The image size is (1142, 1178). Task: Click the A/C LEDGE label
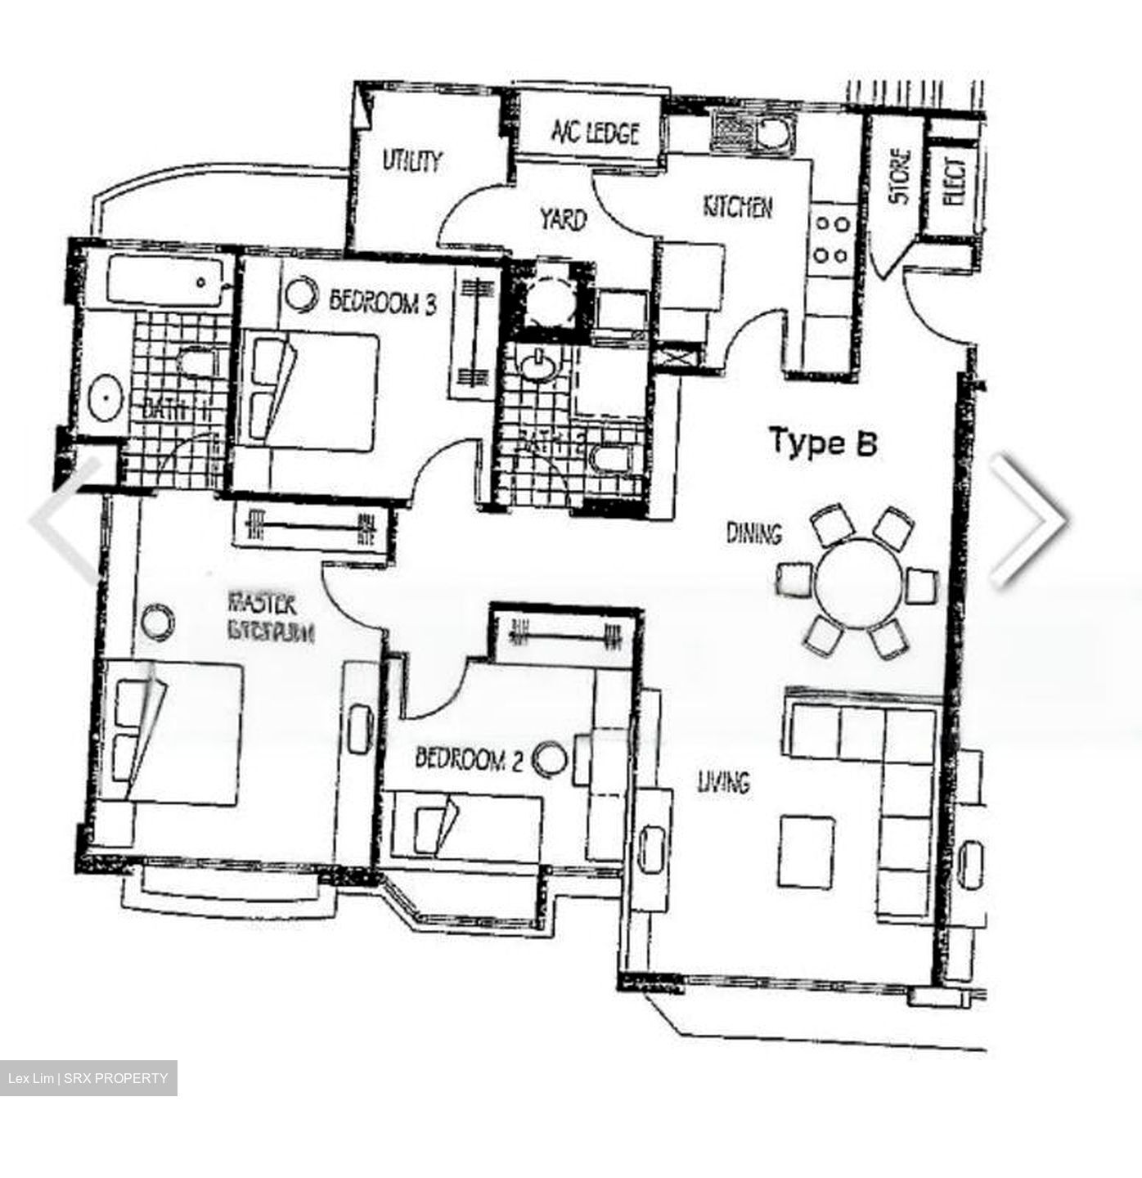click(x=595, y=132)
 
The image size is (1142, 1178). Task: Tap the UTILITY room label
click(x=412, y=161)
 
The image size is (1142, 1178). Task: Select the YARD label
click(x=563, y=219)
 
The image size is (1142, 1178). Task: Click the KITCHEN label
click(x=737, y=207)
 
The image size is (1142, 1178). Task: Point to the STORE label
click(x=899, y=176)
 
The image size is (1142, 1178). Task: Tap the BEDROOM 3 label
click(x=382, y=303)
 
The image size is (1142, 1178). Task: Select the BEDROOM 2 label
click(x=469, y=759)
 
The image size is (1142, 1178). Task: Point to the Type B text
click(x=822, y=443)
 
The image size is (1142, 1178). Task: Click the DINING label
click(x=754, y=534)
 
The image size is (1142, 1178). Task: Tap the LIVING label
click(x=723, y=783)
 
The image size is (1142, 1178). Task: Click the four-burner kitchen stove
click(x=831, y=239)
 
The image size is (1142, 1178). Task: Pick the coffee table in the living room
click(x=807, y=852)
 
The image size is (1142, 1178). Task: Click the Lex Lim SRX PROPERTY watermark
click(x=88, y=1078)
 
